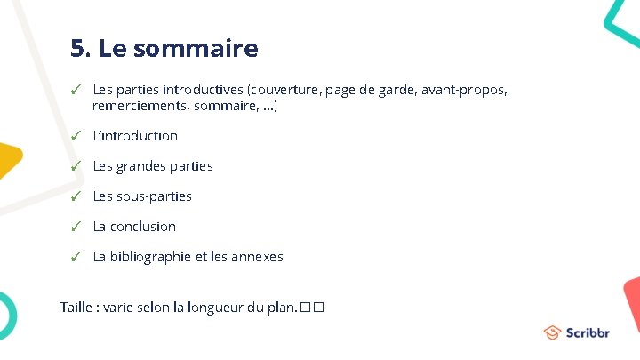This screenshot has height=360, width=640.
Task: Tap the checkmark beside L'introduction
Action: (x=77, y=136)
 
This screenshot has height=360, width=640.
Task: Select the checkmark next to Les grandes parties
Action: (x=77, y=166)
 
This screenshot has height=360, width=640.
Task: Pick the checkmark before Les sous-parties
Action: (x=77, y=196)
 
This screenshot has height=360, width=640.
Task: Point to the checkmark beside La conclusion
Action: (x=77, y=227)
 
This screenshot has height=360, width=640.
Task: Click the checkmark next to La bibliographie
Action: (x=77, y=257)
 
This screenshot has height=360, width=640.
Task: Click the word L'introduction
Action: (x=135, y=136)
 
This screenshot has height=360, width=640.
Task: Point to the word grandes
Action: (x=143, y=166)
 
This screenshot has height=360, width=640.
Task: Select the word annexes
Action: (x=255, y=257)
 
